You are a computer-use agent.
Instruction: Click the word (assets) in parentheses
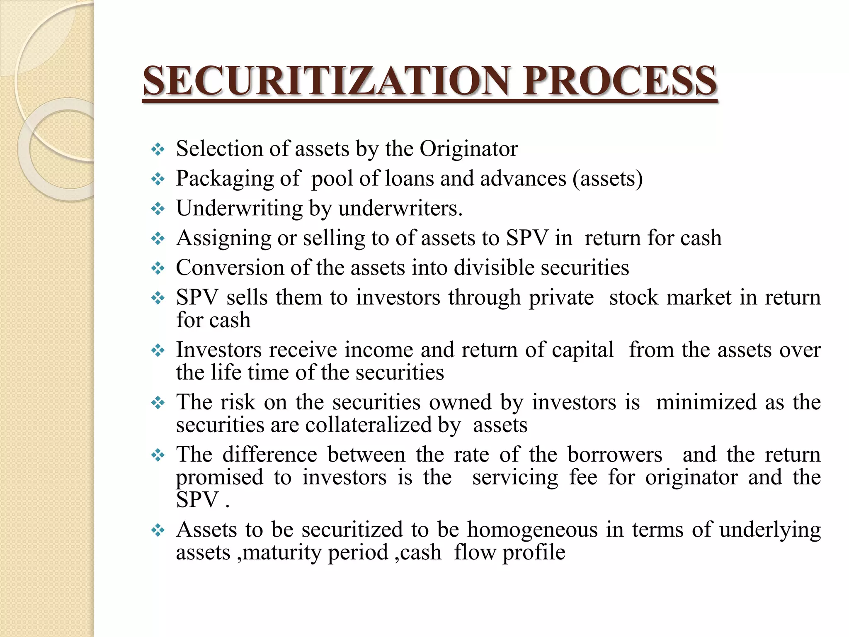point(608,179)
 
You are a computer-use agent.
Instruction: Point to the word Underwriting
point(239,209)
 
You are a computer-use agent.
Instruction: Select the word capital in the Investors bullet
point(582,350)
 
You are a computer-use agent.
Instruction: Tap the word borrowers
point(615,455)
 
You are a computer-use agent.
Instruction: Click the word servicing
point(515,477)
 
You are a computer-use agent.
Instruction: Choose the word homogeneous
point(532,530)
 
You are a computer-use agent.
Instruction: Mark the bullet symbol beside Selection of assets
point(158,149)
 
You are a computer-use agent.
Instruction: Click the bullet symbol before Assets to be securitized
point(158,530)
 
